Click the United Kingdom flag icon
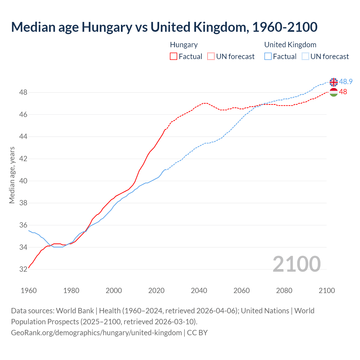coord(334,82)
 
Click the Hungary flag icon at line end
coord(334,92)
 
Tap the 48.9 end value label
coord(346,82)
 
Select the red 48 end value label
coord(343,92)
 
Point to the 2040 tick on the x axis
coord(199,291)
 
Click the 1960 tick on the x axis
coord(29,291)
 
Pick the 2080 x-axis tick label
coord(284,291)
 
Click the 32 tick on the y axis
coord(23,269)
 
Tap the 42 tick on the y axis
coord(23,159)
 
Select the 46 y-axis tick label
coord(23,114)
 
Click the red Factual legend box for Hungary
coord(174,57)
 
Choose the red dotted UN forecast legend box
coord(211,57)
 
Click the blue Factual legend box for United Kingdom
coord(268,57)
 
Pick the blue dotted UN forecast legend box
coord(305,57)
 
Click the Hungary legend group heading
coord(184,45)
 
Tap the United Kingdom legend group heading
coord(290,45)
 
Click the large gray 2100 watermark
coord(296,264)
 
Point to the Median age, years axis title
coord(12,175)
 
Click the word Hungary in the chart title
coord(107,27)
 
